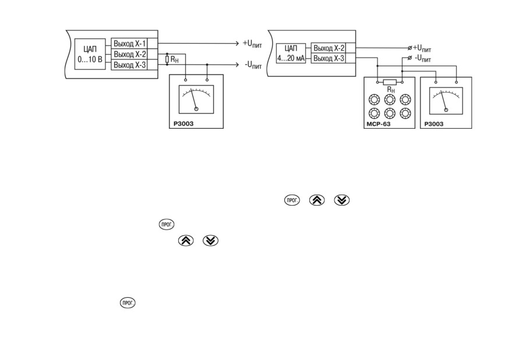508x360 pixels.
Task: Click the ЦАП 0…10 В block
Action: tap(90, 54)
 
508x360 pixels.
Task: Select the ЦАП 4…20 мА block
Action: tap(291, 53)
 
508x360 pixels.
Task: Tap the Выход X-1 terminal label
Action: tap(129, 44)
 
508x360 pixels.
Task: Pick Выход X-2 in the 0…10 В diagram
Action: tap(129, 54)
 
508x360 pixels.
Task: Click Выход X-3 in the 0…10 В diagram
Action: tap(129, 65)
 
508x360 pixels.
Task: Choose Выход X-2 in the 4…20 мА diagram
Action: tap(328, 48)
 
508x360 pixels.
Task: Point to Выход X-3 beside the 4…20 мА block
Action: tap(328, 58)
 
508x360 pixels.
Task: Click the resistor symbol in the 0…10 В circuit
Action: tap(167, 59)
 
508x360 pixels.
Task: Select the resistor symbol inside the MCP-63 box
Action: tap(389, 82)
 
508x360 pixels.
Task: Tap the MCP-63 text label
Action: tap(379, 124)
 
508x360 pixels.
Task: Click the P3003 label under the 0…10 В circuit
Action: tap(184, 123)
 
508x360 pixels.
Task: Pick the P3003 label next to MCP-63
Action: tap(434, 124)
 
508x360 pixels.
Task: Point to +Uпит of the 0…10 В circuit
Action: tap(252, 44)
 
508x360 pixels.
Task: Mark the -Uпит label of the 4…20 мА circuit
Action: tap(422, 59)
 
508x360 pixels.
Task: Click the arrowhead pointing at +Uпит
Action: tap(237, 44)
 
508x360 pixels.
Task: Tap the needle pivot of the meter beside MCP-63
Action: tap(446, 110)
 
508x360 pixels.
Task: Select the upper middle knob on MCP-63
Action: tap(390, 100)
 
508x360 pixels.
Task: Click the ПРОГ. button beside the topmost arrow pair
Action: tap(292, 200)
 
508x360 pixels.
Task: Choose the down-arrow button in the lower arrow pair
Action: tap(210, 241)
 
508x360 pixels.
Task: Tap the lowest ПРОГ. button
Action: tap(128, 303)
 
